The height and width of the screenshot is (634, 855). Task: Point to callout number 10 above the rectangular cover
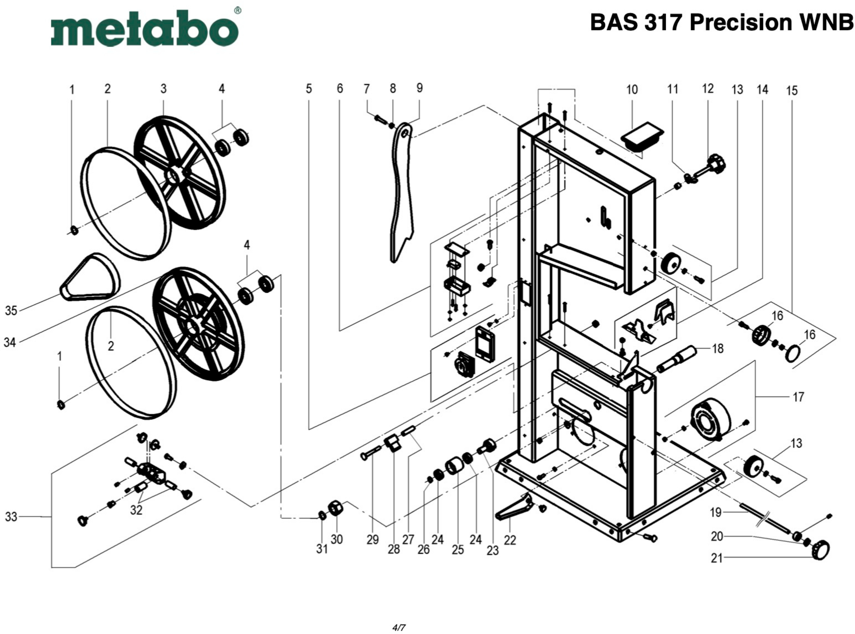pos(632,89)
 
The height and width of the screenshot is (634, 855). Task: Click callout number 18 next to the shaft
pos(717,348)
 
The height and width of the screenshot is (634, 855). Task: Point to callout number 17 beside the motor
pos(798,397)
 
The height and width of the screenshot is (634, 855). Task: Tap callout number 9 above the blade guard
pos(419,88)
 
